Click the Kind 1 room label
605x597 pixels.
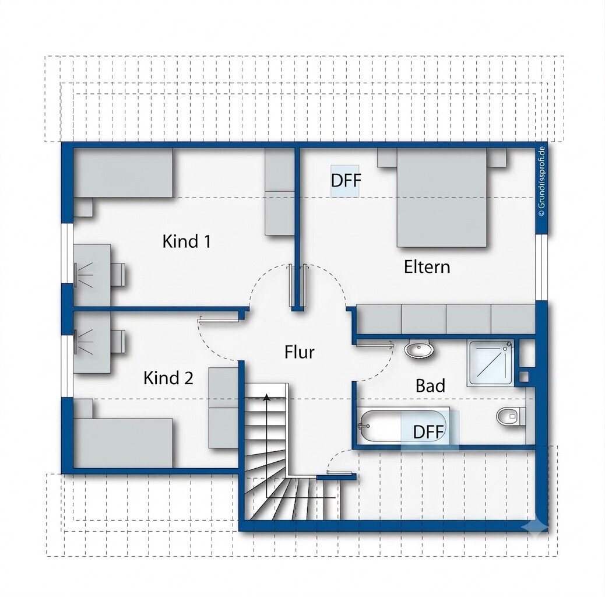[187, 241]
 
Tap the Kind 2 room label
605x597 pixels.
[168, 378]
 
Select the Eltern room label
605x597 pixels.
[427, 267]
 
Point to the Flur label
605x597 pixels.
[300, 352]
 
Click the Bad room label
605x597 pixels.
[430, 385]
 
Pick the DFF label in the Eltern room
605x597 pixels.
[346, 180]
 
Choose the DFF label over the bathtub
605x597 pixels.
[428, 432]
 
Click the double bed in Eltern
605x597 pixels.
[442, 197]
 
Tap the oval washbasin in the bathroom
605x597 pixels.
[419, 350]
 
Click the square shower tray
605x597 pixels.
[491, 363]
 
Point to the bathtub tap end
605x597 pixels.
[364, 426]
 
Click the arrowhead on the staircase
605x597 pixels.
[266, 398]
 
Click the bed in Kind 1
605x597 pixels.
[123, 173]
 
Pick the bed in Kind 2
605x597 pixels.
[123, 443]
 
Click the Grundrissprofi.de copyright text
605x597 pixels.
[541, 181]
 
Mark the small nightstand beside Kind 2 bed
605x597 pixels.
[83, 408]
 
